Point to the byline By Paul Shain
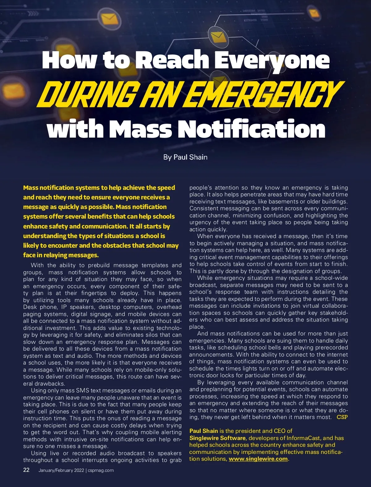point(185,157)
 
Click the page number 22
point(27,470)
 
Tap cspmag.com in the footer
point(101,470)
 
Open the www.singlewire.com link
point(258,459)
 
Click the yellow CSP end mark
point(342,417)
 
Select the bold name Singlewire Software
point(218,438)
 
